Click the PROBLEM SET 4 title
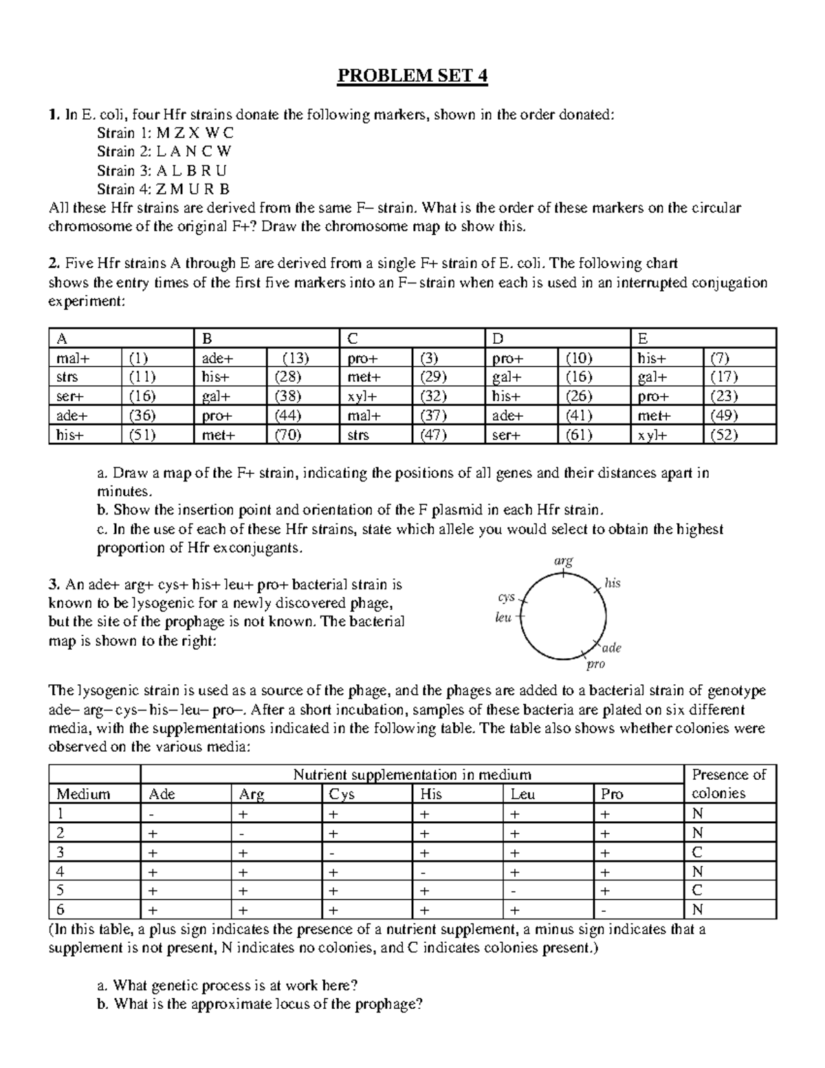point(412,76)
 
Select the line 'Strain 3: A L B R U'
point(162,171)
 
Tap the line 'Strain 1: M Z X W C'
point(165,133)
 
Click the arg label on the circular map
point(563,561)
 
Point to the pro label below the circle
point(595,664)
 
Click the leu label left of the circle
point(504,618)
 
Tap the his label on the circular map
point(612,583)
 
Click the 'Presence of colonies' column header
point(729,784)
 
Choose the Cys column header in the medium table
point(342,794)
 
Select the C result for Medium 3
point(697,852)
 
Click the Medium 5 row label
point(60,891)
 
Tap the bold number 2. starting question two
point(54,263)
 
